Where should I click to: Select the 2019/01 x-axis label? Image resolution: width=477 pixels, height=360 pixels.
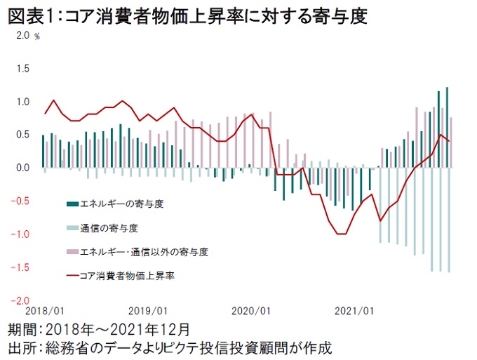pyautogui.click(x=148, y=310)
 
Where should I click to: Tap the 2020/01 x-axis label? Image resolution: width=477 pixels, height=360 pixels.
pyautogui.click(x=250, y=310)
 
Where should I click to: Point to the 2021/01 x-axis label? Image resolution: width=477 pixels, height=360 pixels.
pyautogui.click(x=354, y=310)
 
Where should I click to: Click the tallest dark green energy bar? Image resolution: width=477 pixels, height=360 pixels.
pyautogui.click(x=448, y=127)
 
